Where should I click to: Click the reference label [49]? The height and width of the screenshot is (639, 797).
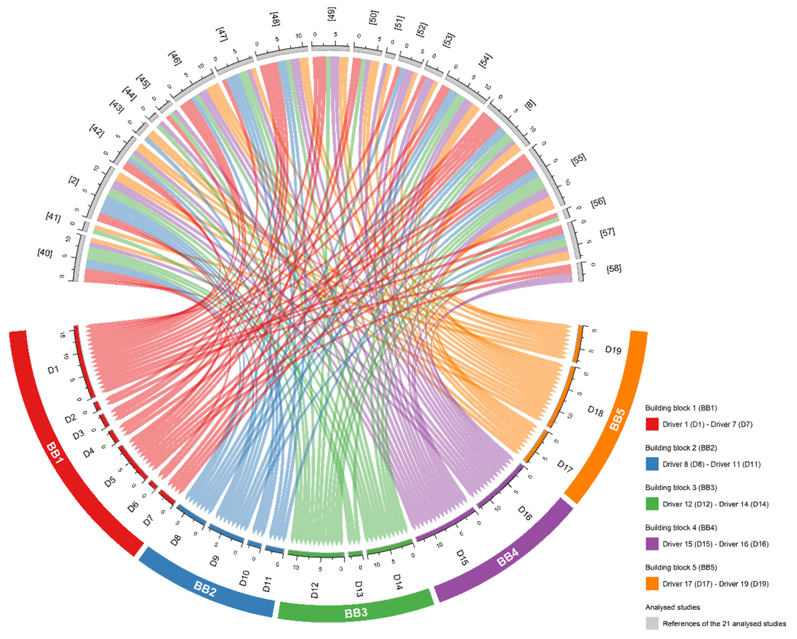click(331, 14)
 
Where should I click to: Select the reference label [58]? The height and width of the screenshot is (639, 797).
click(614, 268)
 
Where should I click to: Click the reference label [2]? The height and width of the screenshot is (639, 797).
click(74, 181)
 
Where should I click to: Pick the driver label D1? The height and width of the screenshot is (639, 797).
click(54, 369)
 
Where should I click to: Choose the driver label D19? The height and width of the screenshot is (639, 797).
click(613, 349)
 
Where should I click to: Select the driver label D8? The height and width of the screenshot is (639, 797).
click(176, 540)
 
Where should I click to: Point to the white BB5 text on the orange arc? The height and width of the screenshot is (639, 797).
click(617, 419)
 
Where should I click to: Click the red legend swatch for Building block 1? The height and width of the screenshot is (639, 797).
click(652, 424)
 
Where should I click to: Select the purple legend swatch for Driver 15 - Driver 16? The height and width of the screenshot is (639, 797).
click(652, 544)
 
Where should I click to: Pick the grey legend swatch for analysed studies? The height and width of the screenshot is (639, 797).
click(652, 623)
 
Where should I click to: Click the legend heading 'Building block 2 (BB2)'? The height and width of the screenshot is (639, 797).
click(681, 448)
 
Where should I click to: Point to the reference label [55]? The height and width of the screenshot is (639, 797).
click(578, 159)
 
